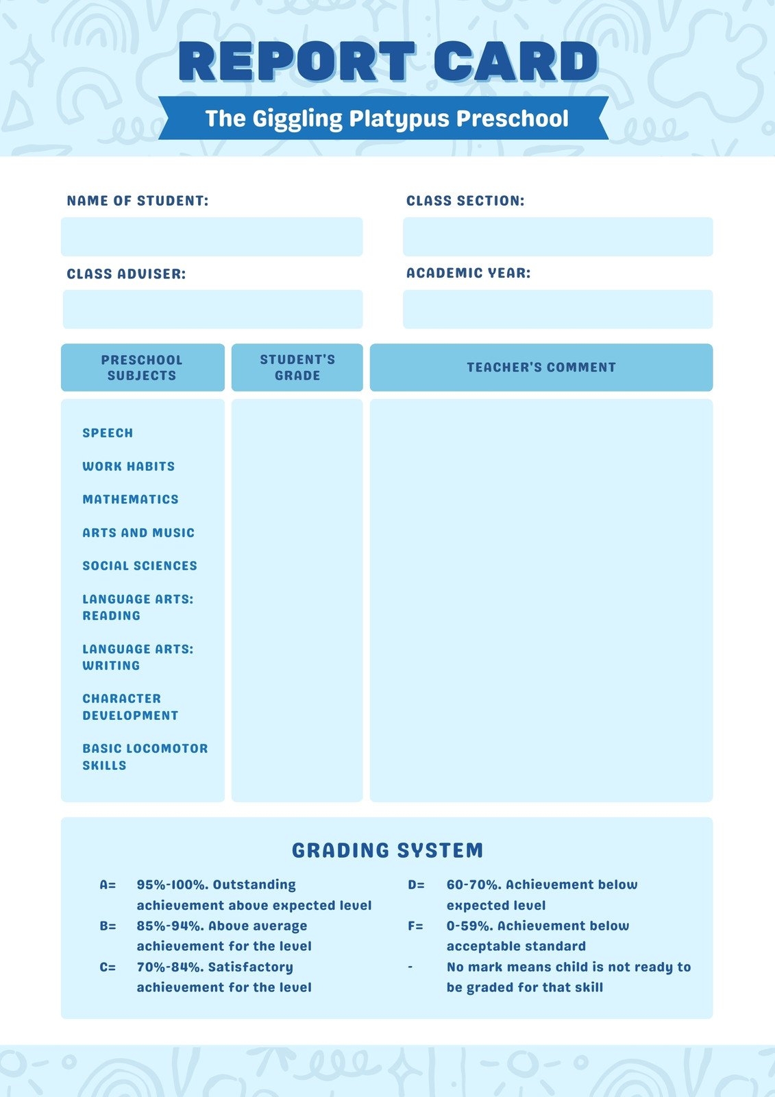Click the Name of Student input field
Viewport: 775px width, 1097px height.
(212, 237)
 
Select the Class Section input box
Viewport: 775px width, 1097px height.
(558, 237)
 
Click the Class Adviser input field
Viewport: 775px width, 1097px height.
(212, 309)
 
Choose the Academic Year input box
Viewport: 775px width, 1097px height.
(558, 309)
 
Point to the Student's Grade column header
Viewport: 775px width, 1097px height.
(297, 367)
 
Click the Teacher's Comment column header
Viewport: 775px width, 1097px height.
(541, 367)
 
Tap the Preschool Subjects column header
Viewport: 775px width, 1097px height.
(142, 367)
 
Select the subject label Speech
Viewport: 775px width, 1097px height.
(108, 433)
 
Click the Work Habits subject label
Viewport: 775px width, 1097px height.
(129, 466)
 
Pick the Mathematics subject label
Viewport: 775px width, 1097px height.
(130, 500)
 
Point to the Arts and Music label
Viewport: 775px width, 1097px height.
(138, 533)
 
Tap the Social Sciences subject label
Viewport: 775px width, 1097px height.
(140, 566)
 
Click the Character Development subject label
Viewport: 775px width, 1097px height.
(130, 707)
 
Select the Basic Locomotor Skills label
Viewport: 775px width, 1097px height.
(145, 757)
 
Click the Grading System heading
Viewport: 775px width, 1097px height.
(388, 850)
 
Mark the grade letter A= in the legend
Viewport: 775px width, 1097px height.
(108, 885)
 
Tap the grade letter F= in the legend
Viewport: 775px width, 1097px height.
(415, 926)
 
